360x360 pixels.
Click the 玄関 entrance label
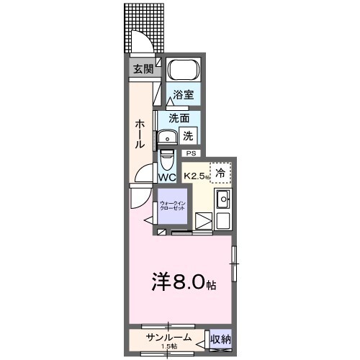coord(143,69)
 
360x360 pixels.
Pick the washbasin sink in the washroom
coord(168,136)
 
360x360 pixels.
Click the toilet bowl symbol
coord(166,156)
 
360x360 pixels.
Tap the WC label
coord(167,177)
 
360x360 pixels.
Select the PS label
coord(191,153)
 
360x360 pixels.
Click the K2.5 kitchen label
coord(196,175)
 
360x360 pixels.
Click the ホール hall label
coord(140,133)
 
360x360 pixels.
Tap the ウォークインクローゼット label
coord(172,206)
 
